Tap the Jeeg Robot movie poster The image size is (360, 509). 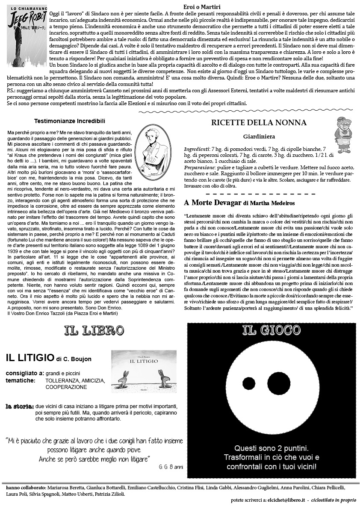coord(27,32)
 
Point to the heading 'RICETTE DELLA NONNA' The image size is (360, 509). coord(259,123)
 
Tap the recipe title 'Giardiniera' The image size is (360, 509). coord(259,137)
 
